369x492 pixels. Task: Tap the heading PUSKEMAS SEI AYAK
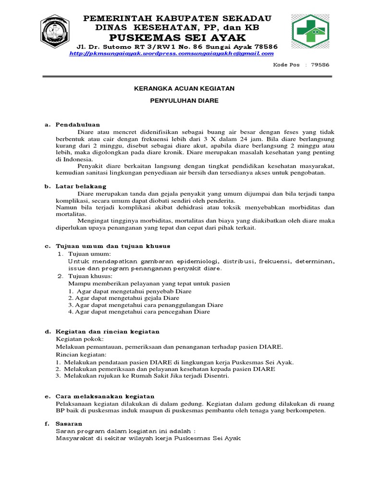coord(177,37)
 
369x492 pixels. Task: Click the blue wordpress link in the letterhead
coord(171,54)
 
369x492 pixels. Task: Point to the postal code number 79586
coord(320,64)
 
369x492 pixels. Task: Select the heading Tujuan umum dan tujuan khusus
coord(113,246)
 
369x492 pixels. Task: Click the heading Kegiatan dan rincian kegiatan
coord(108,332)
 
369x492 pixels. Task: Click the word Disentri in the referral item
coord(217,376)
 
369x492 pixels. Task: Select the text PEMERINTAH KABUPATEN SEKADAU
coord(178,18)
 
